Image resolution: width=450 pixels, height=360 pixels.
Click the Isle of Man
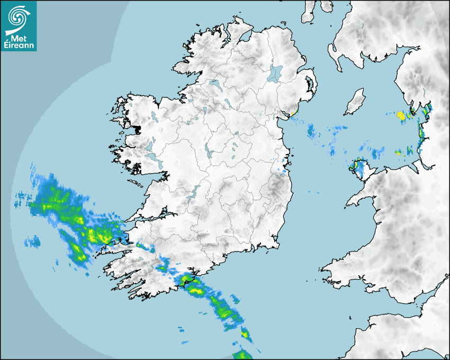point(355,102)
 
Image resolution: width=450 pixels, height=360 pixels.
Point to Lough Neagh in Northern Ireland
point(275,73)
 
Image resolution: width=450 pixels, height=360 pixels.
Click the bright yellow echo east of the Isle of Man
point(401,114)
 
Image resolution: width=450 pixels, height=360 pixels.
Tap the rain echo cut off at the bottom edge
point(242,355)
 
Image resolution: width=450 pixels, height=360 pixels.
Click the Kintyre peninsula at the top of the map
point(308,13)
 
